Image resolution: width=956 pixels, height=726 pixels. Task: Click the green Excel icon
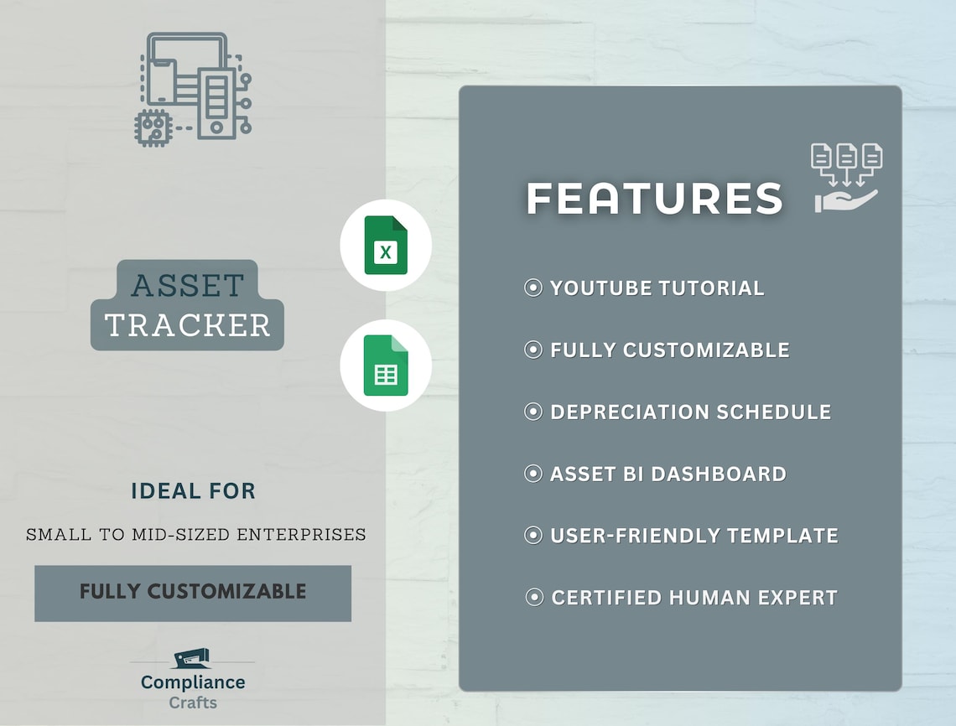pos(386,246)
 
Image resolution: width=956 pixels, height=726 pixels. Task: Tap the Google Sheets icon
pos(386,366)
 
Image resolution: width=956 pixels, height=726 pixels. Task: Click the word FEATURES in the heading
pos(654,199)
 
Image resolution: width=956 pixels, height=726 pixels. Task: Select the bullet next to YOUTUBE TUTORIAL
pos(533,288)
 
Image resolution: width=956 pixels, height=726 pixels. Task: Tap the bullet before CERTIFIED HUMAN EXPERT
pos(533,598)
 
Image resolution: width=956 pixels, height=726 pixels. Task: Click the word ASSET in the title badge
pos(188,286)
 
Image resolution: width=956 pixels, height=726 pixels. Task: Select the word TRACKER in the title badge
pos(188,325)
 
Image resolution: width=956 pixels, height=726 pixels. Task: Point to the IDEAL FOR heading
pos(193,491)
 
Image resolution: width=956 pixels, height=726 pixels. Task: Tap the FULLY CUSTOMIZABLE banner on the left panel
pos(193,592)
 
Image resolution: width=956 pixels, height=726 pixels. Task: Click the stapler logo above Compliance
pos(192,659)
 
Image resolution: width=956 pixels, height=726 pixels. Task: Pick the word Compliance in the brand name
pos(193,682)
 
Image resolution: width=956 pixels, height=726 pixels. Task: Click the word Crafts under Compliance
pos(193,703)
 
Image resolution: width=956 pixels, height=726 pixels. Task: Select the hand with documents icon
pos(846,178)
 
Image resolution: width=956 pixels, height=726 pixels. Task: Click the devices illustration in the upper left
pos(194,86)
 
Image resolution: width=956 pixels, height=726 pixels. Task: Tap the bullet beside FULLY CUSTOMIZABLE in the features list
pos(533,350)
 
